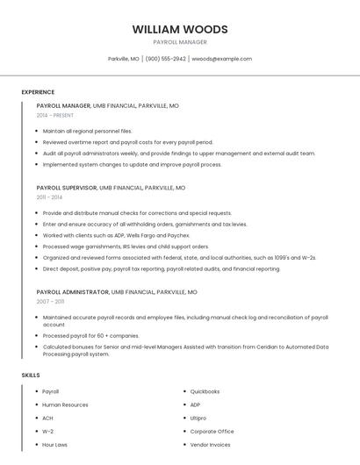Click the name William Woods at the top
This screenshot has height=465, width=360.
point(180,29)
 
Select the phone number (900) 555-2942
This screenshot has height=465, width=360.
point(166,59)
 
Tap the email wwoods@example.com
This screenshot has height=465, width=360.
point(221,59)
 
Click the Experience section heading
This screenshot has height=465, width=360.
point(38,92)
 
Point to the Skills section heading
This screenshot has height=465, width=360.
point(30,376)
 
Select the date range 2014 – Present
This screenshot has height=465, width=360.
point(55,115)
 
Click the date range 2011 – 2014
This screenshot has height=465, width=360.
point(50,197)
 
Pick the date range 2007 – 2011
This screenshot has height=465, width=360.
point(50,301)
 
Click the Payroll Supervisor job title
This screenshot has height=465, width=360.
point(67,188)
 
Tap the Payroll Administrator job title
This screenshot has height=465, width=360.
point(72,291)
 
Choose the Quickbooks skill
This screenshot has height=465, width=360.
point(205,391)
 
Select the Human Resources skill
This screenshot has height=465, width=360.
point(65,405)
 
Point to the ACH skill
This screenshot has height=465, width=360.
point(48,418)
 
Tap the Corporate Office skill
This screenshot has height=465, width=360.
point(212,432)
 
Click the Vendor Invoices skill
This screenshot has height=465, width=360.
point(210,445)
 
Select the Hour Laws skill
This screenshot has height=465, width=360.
point(54,445)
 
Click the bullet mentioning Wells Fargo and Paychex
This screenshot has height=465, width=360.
point(116,235)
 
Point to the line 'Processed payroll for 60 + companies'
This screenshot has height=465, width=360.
point(90,335)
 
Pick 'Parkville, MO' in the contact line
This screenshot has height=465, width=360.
point(124,59)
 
